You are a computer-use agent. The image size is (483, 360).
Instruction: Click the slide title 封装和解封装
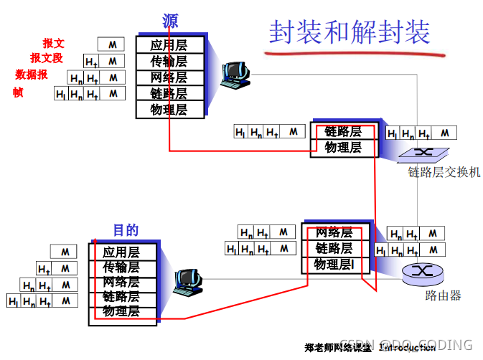click(x=350, y=32)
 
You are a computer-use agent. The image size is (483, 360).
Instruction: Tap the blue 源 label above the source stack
click(x=170, y=21)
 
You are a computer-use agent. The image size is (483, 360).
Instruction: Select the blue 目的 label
click(x=126, y=230)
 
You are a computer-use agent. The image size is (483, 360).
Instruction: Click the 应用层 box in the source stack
click(x=169, y=44)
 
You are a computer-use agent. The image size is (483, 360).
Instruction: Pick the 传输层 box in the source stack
click(x=169, y=61)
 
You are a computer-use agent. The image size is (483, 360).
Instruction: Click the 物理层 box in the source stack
click(x=169, y=110)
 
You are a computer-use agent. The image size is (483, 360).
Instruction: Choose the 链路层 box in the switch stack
click(x=342, y=131)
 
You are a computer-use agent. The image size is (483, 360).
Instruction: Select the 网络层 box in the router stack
click(x=334, y=232)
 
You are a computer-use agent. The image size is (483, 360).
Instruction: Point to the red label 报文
click(x=53, y=44)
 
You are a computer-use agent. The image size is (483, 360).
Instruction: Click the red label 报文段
click(x=47, y=58)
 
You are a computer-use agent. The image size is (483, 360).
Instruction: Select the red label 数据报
click(x=32, y=74)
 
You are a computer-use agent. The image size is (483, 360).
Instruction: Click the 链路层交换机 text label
click(x=444, y=172)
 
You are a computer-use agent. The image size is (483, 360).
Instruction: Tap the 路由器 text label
click(x=444, y=295)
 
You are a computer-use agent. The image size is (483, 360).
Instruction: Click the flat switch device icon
click(x=423, y=153)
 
